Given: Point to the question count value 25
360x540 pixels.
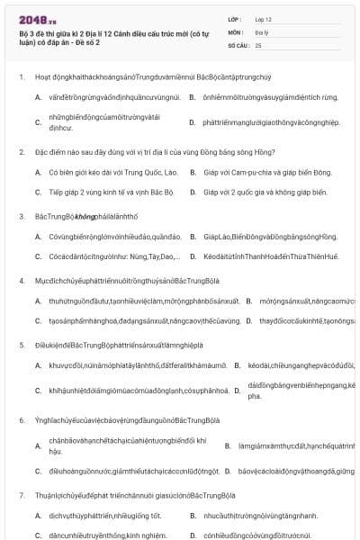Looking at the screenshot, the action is (x=259, y=43).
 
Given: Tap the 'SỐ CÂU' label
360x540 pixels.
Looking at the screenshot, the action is (x=238, y=43).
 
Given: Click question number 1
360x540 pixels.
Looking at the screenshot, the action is (x=22, y=76).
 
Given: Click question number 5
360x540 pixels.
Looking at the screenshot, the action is (x=22, y=345).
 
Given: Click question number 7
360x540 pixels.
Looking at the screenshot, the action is (x=22, y=494).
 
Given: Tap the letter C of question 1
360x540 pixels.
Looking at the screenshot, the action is (x=38, y=121).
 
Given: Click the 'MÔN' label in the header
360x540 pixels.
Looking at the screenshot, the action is (x=237, y=31).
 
